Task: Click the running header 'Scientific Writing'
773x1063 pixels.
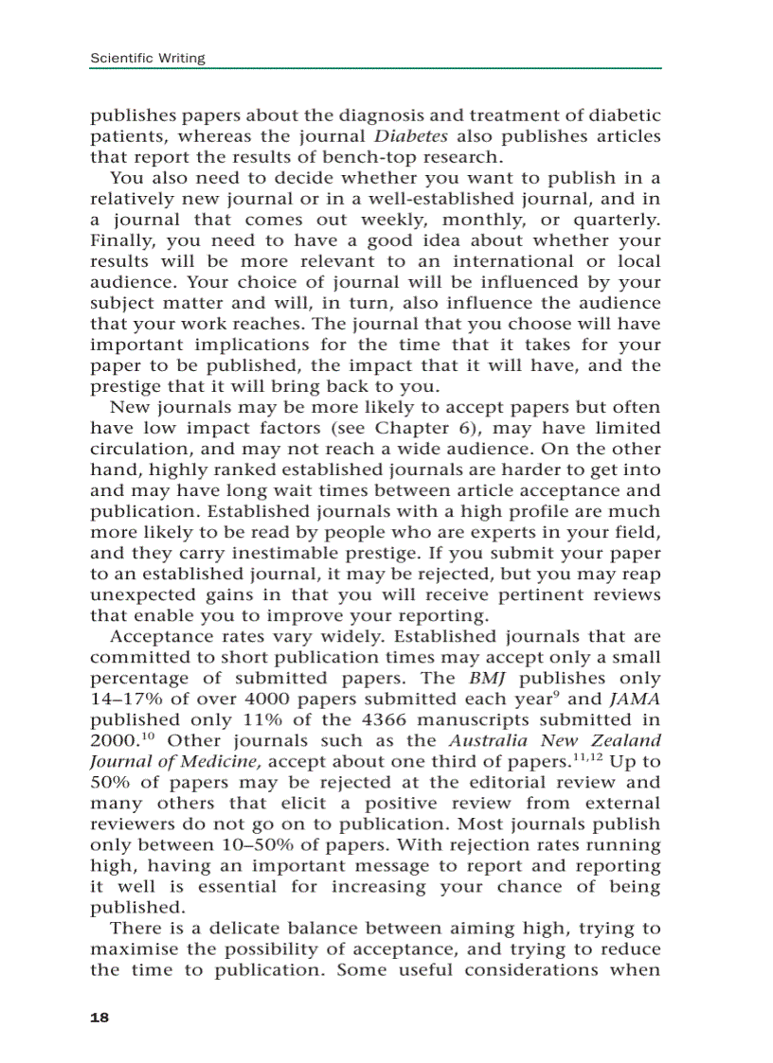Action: (x=147, y=59)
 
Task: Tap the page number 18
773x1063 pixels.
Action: (x=99, y=1018)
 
